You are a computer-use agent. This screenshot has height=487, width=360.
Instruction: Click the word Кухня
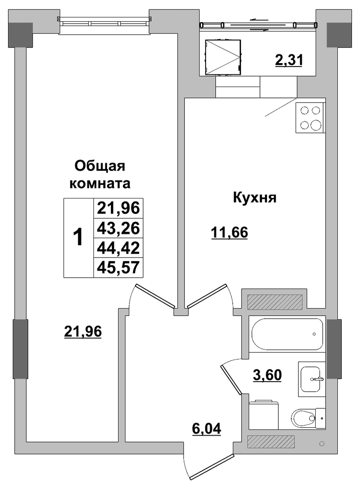click(x=254, y=198)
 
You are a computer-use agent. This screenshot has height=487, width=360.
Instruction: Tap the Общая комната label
click(x=100, y=175)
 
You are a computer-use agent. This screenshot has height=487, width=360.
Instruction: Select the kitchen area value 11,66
click(x=229, y=232)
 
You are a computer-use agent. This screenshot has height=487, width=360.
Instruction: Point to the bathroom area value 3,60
click(x=267, y=375)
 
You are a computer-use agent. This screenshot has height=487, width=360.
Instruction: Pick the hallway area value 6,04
click(x=207, y=429)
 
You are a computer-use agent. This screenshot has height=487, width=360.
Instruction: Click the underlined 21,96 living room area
click(x=83, y=332)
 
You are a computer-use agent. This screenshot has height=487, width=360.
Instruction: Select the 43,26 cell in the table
click(x=118, y=228)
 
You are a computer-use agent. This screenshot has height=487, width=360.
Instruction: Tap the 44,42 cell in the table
click(x=118, y=248)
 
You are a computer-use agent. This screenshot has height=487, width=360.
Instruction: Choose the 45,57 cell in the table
click(x=118, y=267)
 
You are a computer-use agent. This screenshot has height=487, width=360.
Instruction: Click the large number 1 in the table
click(x=78, y=237)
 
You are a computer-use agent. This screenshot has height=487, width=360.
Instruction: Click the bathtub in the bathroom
click(x=287, y=334)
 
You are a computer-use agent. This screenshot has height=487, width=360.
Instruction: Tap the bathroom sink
click(x=310, y=379)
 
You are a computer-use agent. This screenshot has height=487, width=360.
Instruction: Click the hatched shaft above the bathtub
click(x=275, y=302)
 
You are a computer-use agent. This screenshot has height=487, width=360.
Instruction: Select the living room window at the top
click(x=104, y=24)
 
